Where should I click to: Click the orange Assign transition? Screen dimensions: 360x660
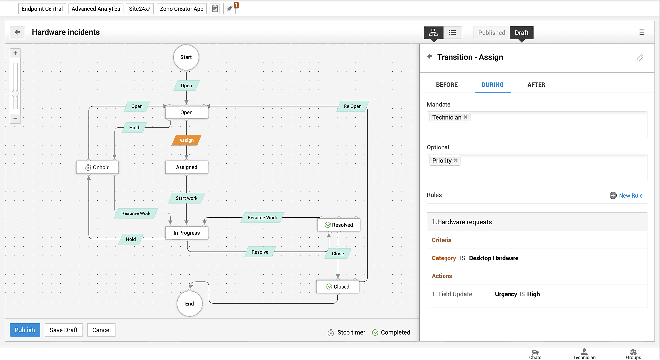coord(186,140)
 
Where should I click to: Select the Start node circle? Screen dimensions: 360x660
coord(186,57)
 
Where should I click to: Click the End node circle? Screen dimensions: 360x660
coord(189,304)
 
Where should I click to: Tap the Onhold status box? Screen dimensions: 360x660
coord(97,167)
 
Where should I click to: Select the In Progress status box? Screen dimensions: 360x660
coord(186,233)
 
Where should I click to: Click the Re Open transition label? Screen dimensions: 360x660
coord(352,106)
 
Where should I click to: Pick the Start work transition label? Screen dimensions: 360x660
coord(186,198)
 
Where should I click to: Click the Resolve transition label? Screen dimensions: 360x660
coord(260,252)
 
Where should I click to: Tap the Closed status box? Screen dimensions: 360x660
coord(338,287)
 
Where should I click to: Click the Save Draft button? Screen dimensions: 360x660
coord(63,330)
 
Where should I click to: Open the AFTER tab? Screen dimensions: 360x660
coord(536,85)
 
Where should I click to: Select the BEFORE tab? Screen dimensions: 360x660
coord(446,85)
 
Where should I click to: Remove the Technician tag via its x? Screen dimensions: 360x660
coord(466,117)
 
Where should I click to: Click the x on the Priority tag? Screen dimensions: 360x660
coord(456,160)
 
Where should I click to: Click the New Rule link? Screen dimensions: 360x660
coord(630,196)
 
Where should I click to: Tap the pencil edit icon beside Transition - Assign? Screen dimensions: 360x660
coord(640,58)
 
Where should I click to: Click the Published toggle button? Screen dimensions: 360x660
coord(491,33)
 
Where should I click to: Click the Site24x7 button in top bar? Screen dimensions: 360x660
coord(140,9)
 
